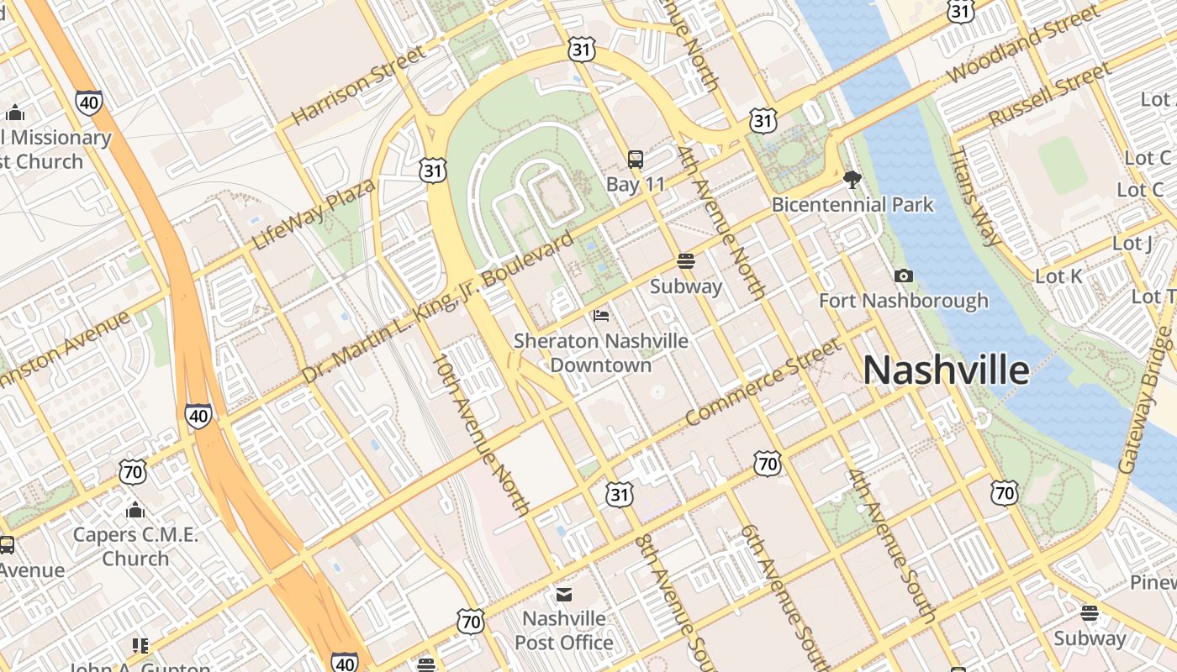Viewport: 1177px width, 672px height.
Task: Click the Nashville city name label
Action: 946,370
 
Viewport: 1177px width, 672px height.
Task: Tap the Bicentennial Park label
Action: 852,205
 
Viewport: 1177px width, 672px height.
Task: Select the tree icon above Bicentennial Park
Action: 852,179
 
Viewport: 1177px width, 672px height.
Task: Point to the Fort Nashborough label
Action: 904,301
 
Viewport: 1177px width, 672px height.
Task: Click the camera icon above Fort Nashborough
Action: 904,276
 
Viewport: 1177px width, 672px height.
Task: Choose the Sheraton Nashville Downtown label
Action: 600,353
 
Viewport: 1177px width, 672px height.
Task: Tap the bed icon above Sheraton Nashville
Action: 601,316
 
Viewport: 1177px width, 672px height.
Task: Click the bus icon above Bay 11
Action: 636,159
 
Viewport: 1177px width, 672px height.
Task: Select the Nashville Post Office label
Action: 563,630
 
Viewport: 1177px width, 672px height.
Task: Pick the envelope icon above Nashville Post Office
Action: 563,595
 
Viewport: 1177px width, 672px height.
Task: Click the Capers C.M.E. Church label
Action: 135,546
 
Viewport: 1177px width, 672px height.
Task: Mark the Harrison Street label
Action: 359,85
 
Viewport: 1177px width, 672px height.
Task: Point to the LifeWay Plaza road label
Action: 314,214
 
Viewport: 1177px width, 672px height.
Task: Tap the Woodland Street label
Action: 1022,44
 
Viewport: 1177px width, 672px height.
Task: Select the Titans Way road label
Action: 974,197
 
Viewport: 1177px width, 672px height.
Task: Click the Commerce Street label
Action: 763,381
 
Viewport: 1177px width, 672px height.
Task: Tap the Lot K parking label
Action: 1058,276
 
